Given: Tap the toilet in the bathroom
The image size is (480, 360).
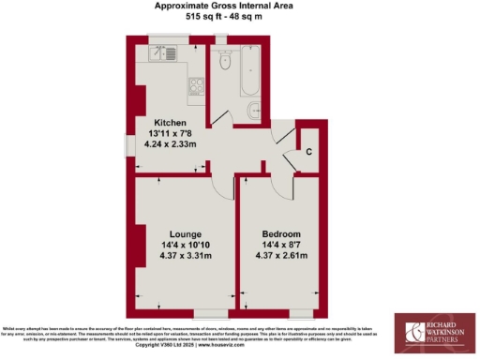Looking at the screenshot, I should tap(225, 62).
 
